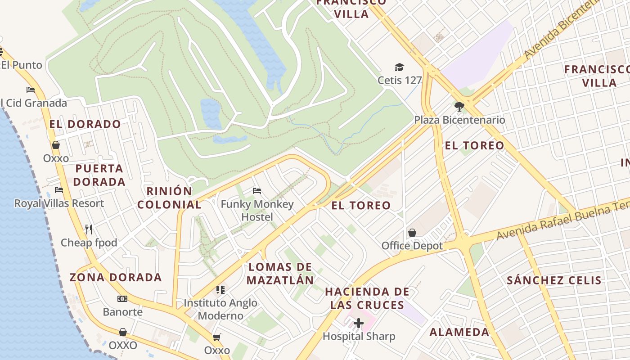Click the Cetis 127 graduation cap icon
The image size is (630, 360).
pyautogui.click(x=399, y=67)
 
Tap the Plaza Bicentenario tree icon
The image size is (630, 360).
pyautogui.click(x=459, y=107)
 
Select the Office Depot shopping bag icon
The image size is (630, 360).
pyautogui.click(x=412, y=233)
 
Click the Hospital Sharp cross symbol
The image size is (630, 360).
pyautogui.click(x=359, y=323)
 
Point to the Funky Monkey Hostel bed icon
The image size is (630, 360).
pyautogui.click(x=257, y=191)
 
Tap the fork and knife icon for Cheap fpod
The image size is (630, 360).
pyautogui.click(x=89, y=229)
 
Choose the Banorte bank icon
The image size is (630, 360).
pyautogui.click(x=122, y=299)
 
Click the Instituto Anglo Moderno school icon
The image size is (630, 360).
pyautogui.click(x=220, y=289)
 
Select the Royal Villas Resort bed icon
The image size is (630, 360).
pyautogui.click(x=58, y=190)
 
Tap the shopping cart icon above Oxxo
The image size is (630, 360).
pyautogui.click(x=217, y=337)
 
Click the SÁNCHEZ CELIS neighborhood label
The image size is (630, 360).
pyautogui.click(x=554, y=280)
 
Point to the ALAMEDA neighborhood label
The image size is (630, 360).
pyautogui.click(x=459, y=332)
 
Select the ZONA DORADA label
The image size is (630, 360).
pyautogui.click(x=116, y=277)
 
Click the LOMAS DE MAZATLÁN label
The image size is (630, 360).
pyautogui.click(x=280, y=273)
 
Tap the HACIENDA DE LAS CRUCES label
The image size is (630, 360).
pyautogui.click(x=367, y=298)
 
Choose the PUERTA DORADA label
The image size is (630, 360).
pyautogui.click(x=99, y=175)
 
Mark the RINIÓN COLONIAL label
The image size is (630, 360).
pyautogui.click(x=169, y=198)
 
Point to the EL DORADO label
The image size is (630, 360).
pyautogui.click(x=85, y=124)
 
